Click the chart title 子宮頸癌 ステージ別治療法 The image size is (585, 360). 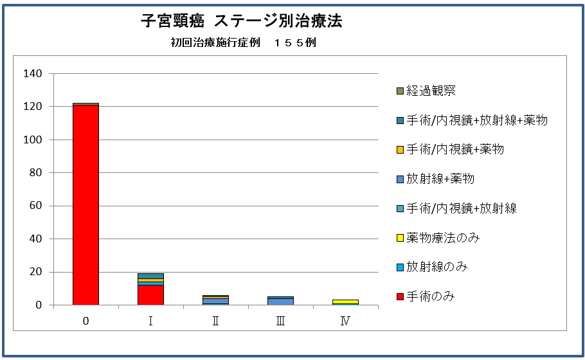coord(242,21)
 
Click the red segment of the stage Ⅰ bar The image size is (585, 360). coord(150,294)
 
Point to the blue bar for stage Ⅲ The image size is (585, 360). coord(280,301)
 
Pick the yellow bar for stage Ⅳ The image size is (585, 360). coord(345,301)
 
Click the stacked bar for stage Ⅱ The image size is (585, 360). coord(215,300)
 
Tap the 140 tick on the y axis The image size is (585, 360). coord(32,74)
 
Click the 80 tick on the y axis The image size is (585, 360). coord(35,173)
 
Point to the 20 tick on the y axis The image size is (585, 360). coord(35,272)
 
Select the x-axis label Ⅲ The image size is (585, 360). coord(280,321)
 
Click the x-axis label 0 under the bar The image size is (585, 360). coord(85,321)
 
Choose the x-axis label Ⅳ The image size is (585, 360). coord(345,321)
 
